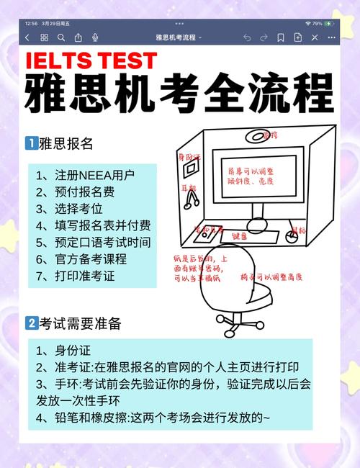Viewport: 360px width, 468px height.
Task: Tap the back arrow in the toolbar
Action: pos(27,37)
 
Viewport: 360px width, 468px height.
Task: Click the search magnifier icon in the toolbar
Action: pos(61,37)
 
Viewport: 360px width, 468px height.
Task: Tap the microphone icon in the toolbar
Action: pos(96,37)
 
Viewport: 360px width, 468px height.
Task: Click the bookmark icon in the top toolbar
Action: pos(281,37)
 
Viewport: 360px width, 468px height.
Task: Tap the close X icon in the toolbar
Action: pos(331,37)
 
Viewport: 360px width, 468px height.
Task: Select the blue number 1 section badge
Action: pos(31,143)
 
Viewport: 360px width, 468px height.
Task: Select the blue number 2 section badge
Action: pos(31,324)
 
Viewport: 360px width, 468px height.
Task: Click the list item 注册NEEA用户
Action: pos(85,175)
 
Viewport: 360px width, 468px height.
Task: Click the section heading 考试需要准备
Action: pos(80,324)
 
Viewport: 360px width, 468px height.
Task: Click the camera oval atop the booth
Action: pos(269,135)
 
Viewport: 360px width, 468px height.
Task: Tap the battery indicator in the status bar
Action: pos(329,23)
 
